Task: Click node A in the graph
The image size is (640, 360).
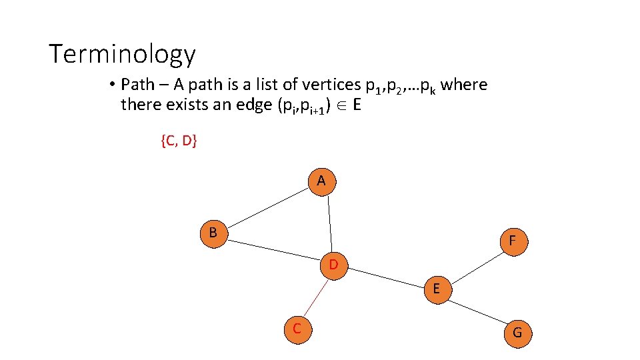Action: click(x=322, y=181)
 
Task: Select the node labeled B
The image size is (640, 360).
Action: click(x=213, y=233)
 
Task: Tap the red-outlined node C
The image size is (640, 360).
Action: click(x=297, y=329)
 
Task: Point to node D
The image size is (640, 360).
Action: click(x=333, y=265)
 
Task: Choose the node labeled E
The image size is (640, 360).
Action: click(x=436, y=289)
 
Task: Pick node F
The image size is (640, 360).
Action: click(x=512, y=241)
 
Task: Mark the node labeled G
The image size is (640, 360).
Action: click(x=517, y=332)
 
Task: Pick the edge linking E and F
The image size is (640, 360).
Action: click(x=474, y=265)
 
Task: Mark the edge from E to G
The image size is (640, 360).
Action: click(x=477, y=310)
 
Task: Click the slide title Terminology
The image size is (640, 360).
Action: click(x=122, y=54)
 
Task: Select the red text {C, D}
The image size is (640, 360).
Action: click(x=179, y=141)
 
